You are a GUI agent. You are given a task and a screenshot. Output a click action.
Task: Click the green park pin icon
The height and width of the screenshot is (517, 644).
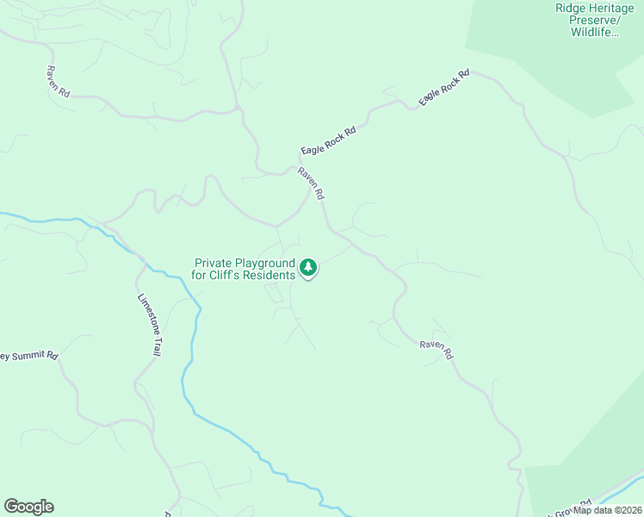point(308,268)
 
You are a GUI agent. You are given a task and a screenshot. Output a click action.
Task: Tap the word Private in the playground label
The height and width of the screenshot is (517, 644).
point(215,263)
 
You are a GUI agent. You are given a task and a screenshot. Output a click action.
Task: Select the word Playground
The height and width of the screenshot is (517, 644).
point(266,263)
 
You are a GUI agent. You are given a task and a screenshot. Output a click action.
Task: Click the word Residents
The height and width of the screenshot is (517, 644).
point(272,276)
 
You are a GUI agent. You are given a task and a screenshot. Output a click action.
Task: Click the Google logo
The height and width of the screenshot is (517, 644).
point(28,507)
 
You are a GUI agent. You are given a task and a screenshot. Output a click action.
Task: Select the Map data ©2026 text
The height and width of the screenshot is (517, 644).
point(607,510)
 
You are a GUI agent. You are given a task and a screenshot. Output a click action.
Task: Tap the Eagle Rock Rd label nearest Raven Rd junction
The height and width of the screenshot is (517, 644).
point(328,138)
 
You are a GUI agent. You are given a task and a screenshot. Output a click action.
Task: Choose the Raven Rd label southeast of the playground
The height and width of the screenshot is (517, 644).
point(437,349)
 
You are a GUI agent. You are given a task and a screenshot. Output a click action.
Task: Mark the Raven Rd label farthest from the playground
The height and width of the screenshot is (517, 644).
point(59,81)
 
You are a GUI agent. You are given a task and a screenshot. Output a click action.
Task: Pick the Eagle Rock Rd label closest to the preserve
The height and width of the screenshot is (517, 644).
point(444,88)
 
